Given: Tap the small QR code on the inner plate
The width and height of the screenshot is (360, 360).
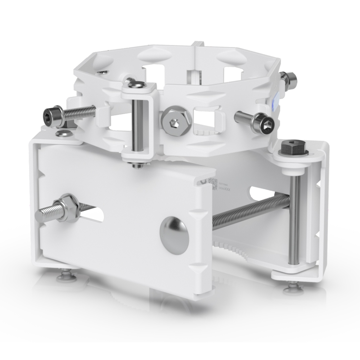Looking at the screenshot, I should coord(213,183).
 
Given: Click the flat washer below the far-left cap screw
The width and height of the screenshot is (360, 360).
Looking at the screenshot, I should coord(63,134).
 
